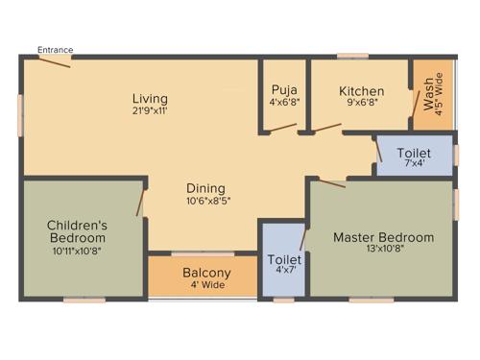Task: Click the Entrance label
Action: [x=55, y=50]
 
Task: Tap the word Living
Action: [x=151, y=98]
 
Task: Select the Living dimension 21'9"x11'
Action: [x=151, y=110]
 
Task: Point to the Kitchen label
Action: [x=361, y=91]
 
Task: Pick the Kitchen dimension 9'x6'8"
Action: [x=361, y=104]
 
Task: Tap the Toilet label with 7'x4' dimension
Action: [x=415, y=153]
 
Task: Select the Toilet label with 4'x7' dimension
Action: [x=283, y=259]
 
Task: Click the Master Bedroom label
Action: [x=383, y=237]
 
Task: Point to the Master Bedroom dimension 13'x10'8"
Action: [x=383, y=250]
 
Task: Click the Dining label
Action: [x=205, y=187]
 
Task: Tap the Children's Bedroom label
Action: [x=77, y=231]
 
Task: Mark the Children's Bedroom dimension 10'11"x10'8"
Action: [x=77, y=250]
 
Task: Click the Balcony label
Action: [x=206, y=272]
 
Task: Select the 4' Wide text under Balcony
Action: [x=206, y=285]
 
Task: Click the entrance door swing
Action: [x=55, y=62]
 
